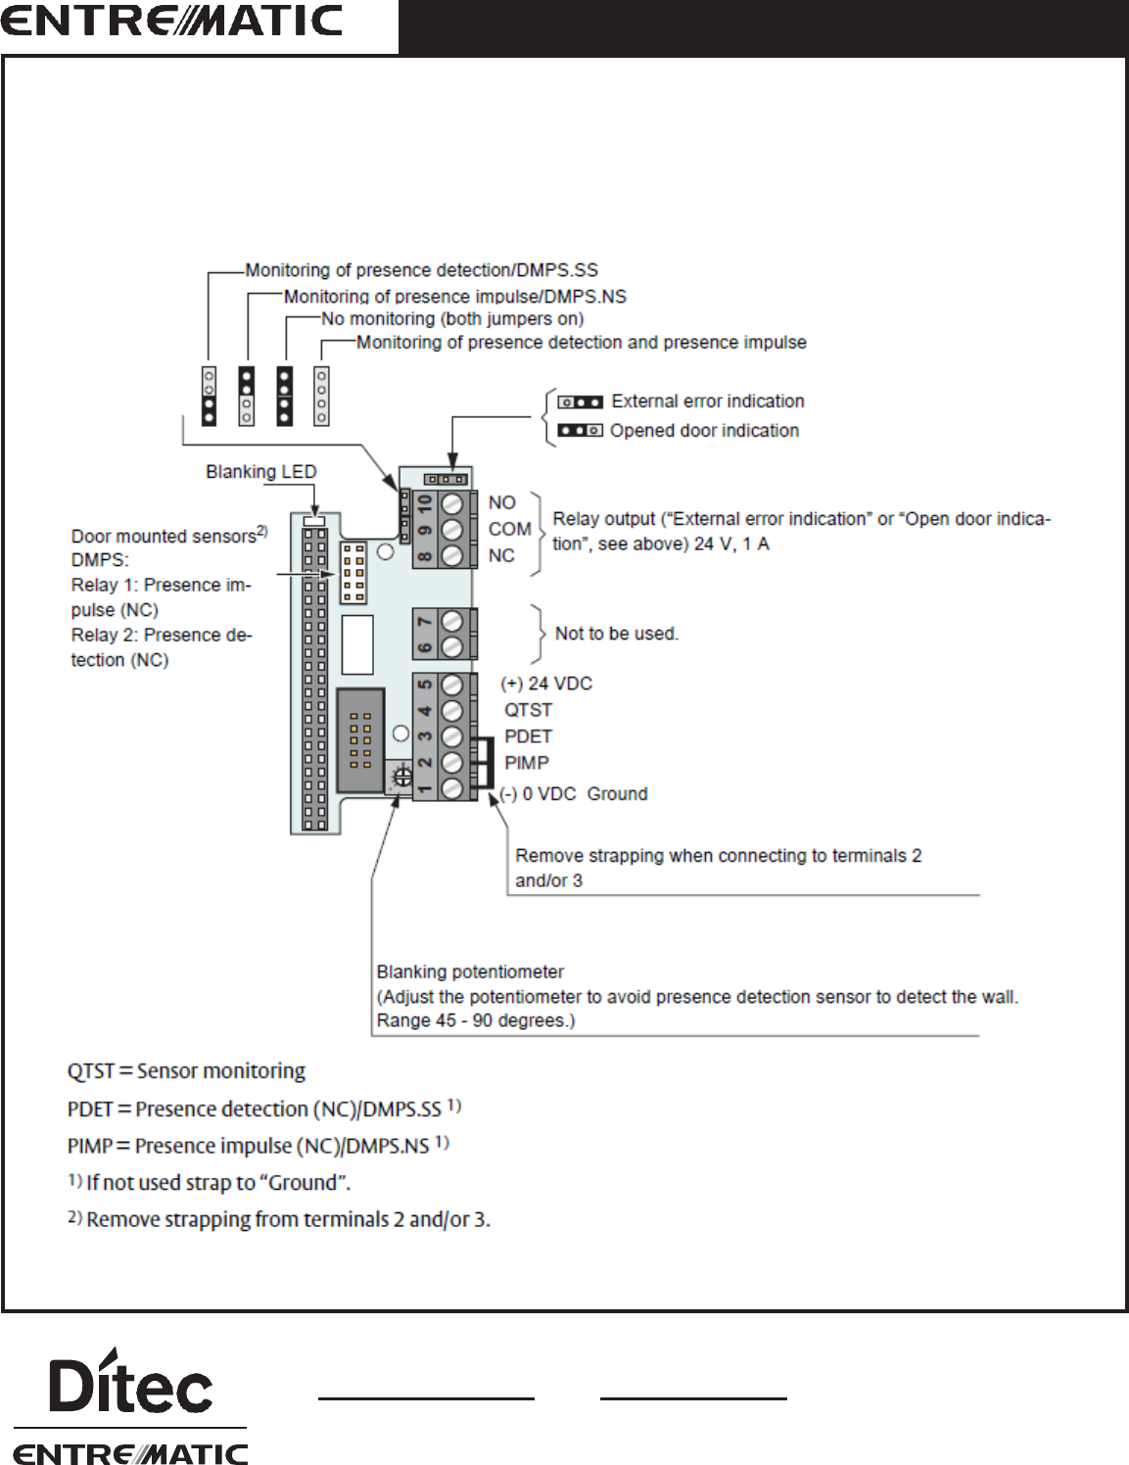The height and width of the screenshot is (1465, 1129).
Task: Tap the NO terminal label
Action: [x=501, y=502]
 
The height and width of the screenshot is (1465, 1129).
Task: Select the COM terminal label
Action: [x=509, y=529]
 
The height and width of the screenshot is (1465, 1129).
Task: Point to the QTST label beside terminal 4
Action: [x=528, y=710]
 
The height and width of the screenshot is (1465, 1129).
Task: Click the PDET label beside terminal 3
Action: [x=528, y=736]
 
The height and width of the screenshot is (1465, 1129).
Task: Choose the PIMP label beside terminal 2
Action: [x=526, y=763]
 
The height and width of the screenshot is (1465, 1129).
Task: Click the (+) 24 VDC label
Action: [x=546, y=684]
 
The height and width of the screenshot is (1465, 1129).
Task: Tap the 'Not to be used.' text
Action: [x=616, y=634]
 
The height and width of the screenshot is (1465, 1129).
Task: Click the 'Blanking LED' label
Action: [x=260, y=472]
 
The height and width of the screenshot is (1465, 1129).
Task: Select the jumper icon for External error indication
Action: [x=580, y=402]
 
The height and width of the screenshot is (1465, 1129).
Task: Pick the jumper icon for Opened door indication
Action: [x=580, y=430]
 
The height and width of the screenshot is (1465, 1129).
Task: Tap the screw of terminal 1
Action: [x=451, y=788]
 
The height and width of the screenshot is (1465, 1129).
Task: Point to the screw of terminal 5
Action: [x=451, y=685]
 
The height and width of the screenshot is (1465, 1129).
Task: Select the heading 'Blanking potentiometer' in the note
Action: [x=470, y=972]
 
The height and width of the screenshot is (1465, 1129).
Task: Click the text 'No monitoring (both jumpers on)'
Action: [x=452, y=319]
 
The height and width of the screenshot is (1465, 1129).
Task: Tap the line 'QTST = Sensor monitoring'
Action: [x=186, y=1071]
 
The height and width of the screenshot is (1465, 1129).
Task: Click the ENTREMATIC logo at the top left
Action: [x=172, y=22]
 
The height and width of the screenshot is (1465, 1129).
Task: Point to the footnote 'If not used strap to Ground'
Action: [x=217, y=1183]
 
